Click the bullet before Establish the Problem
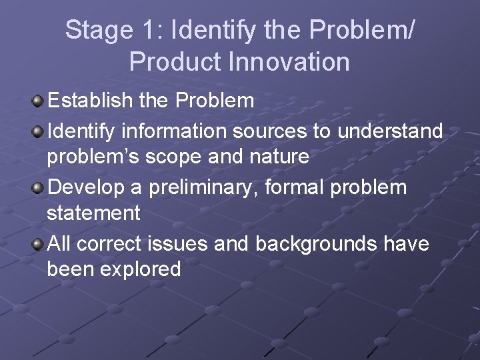pos(38,101)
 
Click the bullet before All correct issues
pos(38,245)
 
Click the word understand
pos(390,131)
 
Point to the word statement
pos(93,213)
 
